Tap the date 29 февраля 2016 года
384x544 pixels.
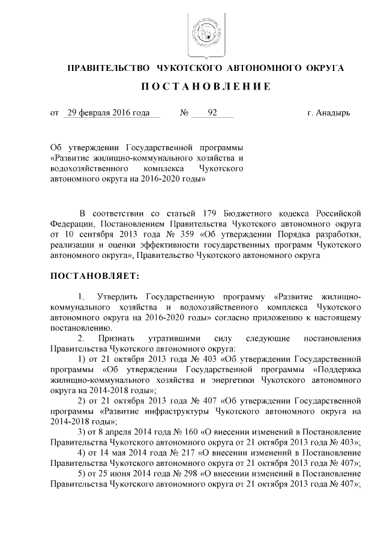pos(109,113)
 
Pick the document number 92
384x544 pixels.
pos(212,113)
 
